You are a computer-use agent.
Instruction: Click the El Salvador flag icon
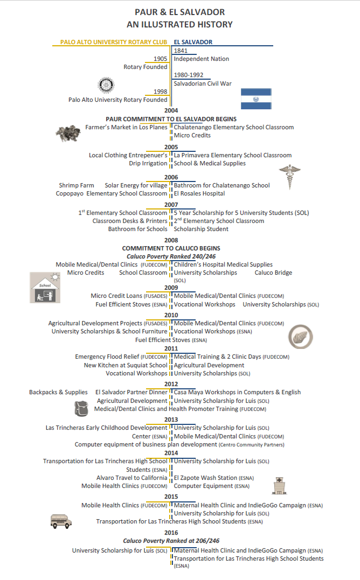tap(256, 99)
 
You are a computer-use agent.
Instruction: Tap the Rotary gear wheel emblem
tap(106, 85)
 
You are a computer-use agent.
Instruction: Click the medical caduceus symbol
tap(289, 177)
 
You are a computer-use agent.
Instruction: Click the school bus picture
tap(61, 521)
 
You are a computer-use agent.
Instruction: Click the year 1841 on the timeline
tap(181, 51)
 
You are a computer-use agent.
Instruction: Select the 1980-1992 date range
tap(189, 75)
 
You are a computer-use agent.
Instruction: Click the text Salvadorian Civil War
tap(202, 83)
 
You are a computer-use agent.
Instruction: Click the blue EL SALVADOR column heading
tap(193, 42)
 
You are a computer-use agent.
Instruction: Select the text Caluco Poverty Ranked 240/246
tap(171, 256)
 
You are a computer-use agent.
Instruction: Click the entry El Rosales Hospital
tap(199, 193)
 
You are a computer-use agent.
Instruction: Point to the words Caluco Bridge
tap(273, 272)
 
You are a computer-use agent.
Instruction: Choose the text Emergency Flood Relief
tap(107, 357)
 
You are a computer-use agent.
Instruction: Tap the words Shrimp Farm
tap(76, 185)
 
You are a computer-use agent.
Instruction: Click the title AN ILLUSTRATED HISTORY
tap(179, 24)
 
